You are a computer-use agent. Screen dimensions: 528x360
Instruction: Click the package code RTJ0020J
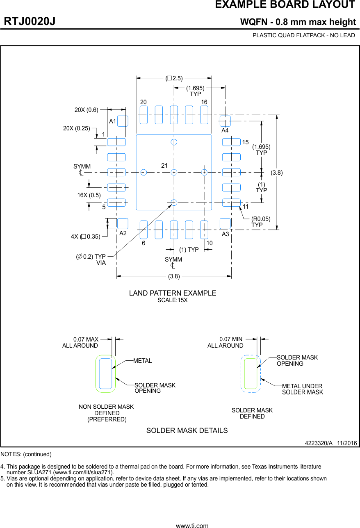[30, 22]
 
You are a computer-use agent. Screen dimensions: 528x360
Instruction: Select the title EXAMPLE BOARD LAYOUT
[285, 5]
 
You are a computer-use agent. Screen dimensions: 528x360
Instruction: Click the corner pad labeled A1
[123, 121]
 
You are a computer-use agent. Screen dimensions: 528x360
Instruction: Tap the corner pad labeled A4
[225, 121]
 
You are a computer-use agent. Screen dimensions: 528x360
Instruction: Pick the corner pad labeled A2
[123, 223]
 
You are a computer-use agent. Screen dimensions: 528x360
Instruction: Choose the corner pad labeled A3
[225, 223]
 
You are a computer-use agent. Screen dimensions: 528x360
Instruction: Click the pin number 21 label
[164, 166]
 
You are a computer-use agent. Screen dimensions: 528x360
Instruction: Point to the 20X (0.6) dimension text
[86, 110]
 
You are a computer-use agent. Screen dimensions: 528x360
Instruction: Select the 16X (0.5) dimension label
[89, 195]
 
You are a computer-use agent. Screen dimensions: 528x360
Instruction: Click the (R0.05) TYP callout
[261, 222]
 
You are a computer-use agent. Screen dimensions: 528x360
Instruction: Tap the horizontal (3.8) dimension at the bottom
[174, 276]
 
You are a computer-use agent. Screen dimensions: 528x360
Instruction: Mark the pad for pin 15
[231, 142]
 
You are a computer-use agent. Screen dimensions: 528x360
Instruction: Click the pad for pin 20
[144, 115]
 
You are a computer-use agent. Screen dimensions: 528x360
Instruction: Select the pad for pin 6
[144, 230]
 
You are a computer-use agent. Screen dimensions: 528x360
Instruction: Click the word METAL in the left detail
[142, 361]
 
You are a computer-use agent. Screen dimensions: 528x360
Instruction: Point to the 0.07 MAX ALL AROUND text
[80, 342]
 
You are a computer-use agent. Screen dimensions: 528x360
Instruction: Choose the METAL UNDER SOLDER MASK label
[302, 389]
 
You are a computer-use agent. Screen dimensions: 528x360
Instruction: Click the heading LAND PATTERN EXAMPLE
[173, 293]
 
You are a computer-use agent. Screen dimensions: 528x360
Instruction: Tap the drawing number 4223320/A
[319, 443]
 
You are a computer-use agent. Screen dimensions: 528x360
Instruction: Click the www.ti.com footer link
[192, 525]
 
